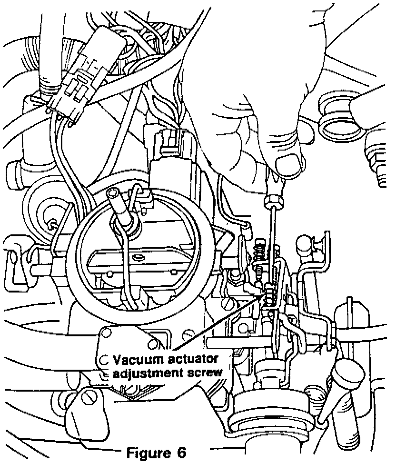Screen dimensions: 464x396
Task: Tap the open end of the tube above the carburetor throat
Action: pyautogui.click(x=114, y=193)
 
